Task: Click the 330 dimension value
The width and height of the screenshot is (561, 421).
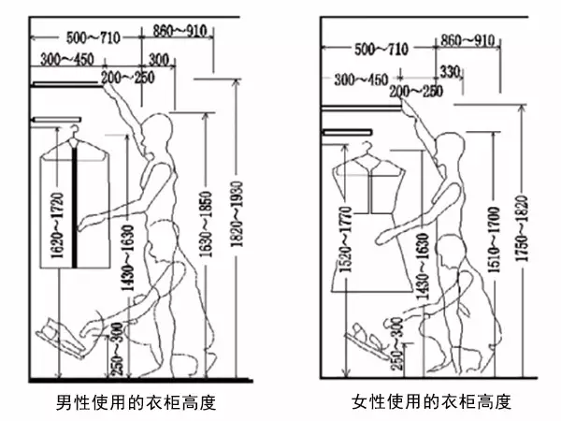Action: pos(451,72)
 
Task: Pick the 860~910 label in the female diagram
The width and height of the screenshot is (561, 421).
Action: pos(467,40)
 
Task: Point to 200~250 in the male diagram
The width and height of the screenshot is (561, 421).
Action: pos(130,76)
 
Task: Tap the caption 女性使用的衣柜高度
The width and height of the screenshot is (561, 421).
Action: pos(432,403)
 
